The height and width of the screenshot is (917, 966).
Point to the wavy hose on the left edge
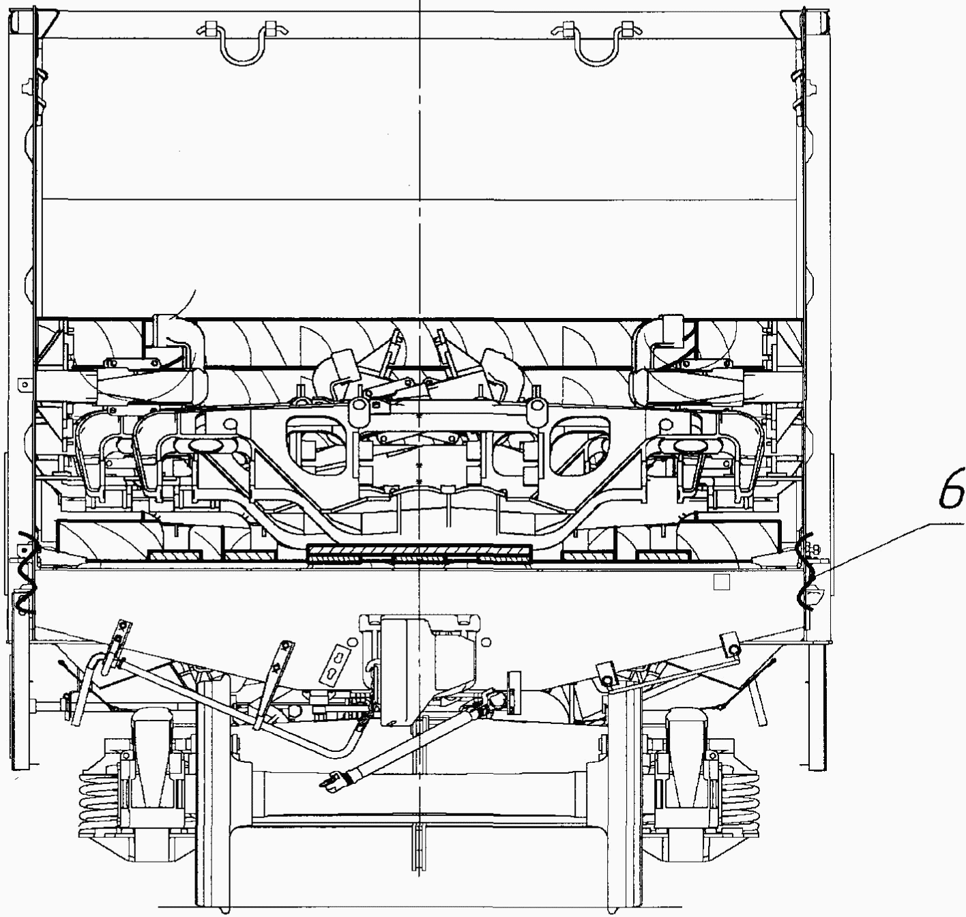tap(25, 572)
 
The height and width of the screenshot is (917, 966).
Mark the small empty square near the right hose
tap(721, 583)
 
